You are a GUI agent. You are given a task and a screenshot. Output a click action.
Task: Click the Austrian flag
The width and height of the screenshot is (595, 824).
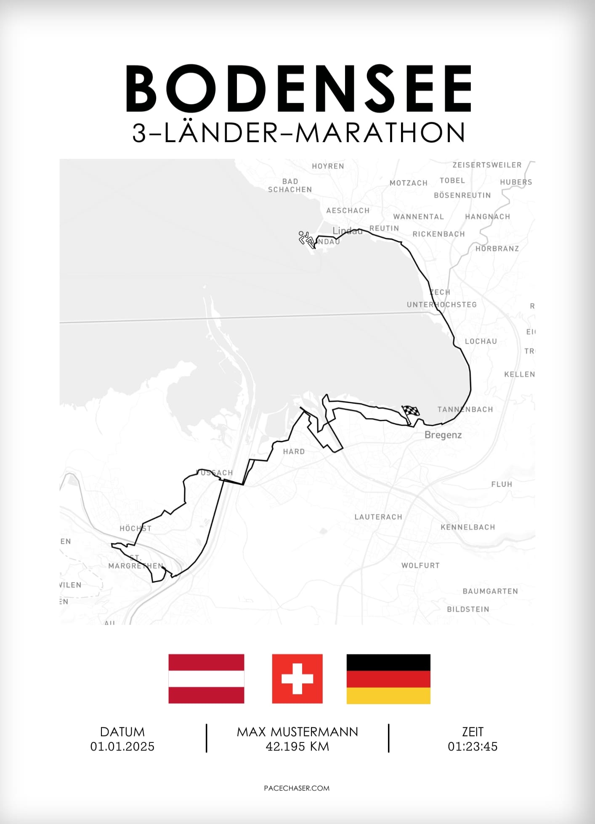(x=206, y=678)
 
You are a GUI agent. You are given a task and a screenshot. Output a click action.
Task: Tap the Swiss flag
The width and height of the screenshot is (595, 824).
(x=297, y=678)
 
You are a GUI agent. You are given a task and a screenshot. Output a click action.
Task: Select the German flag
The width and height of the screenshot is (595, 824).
(x=388, y=678)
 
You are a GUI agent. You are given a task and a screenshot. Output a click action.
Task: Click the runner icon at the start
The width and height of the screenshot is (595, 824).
(x=306, y=239)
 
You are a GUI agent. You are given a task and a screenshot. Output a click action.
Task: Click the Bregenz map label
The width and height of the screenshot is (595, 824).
(x=443, y=435)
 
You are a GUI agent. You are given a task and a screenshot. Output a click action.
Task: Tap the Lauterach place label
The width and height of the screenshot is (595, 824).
(x=378, y=517)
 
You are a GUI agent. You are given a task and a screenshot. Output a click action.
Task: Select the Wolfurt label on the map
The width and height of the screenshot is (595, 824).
(x=420, y=566)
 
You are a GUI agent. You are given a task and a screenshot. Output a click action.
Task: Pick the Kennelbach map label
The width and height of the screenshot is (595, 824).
(x=468, y=527)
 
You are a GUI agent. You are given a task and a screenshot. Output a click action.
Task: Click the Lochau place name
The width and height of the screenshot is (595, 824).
(x=481, y=342)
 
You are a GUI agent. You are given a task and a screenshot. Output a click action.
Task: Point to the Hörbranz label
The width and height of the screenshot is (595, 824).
(x=497, y=249)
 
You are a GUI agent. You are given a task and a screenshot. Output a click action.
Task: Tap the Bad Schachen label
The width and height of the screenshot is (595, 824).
(x=290, y=185)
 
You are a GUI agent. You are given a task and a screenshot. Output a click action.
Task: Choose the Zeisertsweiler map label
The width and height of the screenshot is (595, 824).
(x=487, y=165)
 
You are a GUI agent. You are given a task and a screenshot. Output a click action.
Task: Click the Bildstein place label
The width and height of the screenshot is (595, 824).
(x=468, y=609)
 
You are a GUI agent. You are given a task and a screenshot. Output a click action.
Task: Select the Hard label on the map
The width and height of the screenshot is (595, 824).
(x=294, y=452)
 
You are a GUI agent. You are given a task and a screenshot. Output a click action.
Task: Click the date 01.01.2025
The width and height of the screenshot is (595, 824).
(x=122, y=747)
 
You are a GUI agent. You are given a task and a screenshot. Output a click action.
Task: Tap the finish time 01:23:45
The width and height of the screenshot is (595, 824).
(x=473, y=747)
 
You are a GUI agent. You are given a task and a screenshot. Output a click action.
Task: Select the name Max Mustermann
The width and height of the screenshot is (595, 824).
(x=297, y=732)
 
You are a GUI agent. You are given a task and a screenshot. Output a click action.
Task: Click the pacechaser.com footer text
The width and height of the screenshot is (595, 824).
(x=297, y=788)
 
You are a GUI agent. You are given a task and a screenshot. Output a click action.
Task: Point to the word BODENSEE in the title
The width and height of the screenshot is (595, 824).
(x=298, y=89)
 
